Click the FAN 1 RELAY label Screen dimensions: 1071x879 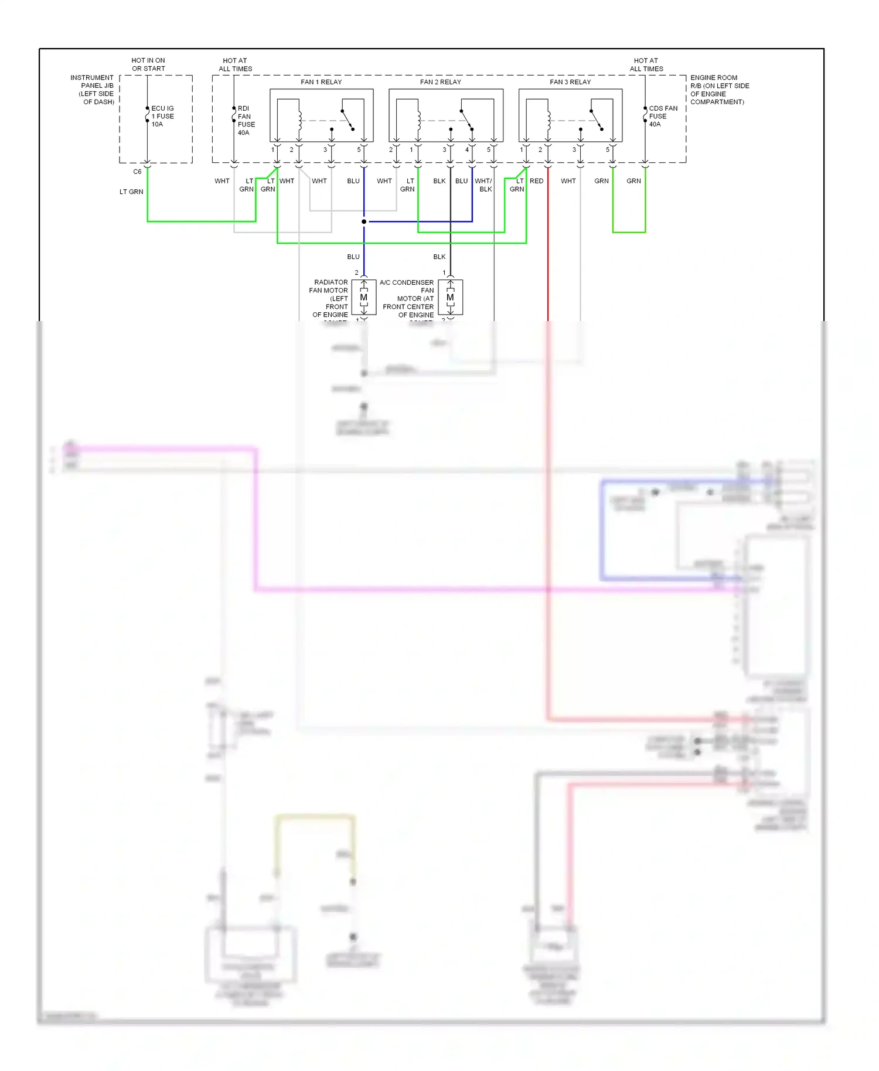pyautogui.click(x=321, y=82)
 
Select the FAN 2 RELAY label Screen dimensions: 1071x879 pyautogui.click(x=440, y=82)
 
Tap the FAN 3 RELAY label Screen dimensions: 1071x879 pyautogui.click(x=570, y=82)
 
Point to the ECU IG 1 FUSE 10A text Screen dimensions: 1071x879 pyautogui.click(x=162, y=116)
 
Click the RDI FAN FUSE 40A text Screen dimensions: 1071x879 pyautogui.click(x=246, y=120)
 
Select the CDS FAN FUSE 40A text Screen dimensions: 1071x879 pyautogui.click(x=662, y=116)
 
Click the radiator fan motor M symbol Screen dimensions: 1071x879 pyautogui.click(x=364, y=298)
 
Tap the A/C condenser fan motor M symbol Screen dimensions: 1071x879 pyautogui.click(x=450, y=298)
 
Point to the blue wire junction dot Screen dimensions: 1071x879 pyautogui.click(x=364, y=221)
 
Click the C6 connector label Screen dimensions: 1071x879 pyautogui.click(x=137, y=172)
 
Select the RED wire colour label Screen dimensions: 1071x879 pyautogui.click(x=536, y=181)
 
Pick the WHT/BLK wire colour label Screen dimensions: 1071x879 pyautogui.click(x=483, y=185)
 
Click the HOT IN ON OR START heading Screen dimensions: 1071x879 pyautogui.click(x=148, y=64)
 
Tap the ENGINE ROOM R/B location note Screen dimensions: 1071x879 pyautogui.click(x=719, y=90)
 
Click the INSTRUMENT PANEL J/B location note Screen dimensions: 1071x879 pyautogui.click(x=93, y=90)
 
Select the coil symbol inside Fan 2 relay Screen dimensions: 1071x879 pyautogui.click(x=419, y=121)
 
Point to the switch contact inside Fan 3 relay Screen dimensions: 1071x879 pyautogui.click(x=596, y=120)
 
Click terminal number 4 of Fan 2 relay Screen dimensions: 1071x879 pyautogui.click(x=467, y=150)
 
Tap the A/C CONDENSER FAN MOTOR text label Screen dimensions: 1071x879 pyautogui.click(x=408, y=299)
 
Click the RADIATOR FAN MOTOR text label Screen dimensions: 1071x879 pyautogui.click(x=330, y=299)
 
